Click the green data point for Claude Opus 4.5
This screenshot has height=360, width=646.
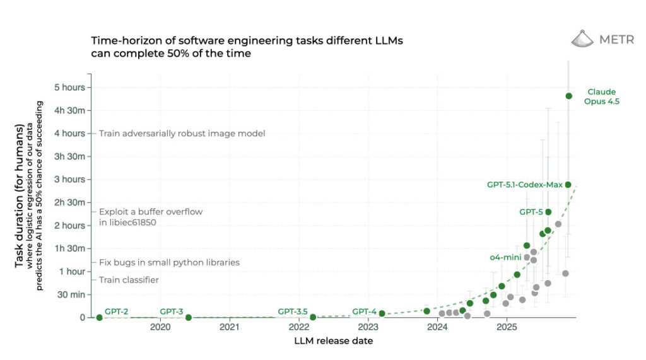[569, 96]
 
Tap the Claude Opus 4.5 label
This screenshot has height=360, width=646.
[601, 96]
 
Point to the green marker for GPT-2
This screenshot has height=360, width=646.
[99, 317]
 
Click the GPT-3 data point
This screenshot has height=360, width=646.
[188, 317]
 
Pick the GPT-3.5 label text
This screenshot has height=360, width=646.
[293, 311]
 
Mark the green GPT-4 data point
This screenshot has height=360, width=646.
[382, 313]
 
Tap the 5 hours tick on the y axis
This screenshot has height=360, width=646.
[72, 87]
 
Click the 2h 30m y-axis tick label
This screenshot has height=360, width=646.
[70, 202]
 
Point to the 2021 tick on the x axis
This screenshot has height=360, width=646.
[230, 328]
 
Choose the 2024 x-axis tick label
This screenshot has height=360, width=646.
[437, 328]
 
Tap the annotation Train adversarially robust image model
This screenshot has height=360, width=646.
[182, 133]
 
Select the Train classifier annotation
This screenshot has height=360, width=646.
[129, 279]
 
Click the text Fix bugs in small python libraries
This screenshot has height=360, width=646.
[169, 262]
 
